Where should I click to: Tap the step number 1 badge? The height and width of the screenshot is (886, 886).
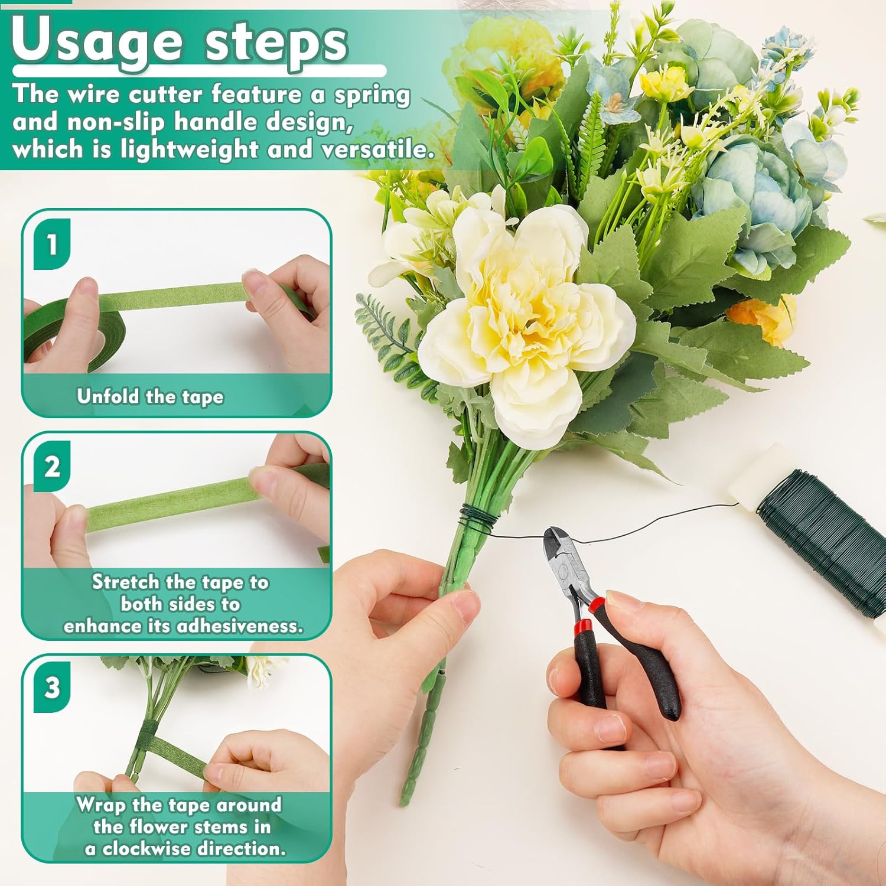point(52,243)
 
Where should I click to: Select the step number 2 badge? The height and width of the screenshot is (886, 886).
point(52,466)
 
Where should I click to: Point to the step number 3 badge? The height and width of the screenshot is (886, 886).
point(52,687)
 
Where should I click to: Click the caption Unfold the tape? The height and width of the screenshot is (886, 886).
point(150,396)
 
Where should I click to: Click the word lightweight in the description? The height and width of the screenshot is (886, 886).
point(190,149)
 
